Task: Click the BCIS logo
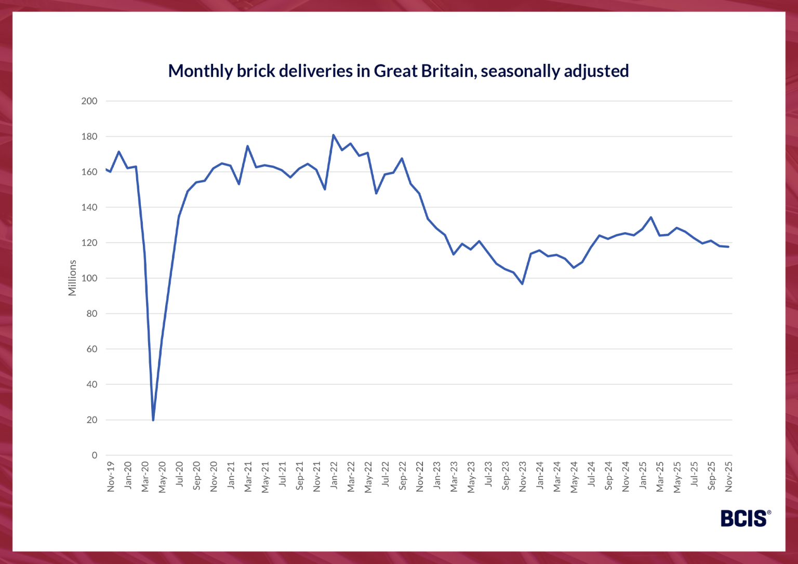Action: [x=745, y=518]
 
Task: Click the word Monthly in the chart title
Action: [x=201, y=71]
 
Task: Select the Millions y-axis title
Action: [x=72, y=278]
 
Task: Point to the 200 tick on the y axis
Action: [x=89, y=101]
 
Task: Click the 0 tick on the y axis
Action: [x=94, y=455]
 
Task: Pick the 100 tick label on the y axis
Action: [x=89, y=278]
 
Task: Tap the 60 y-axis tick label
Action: [x=91, y=349]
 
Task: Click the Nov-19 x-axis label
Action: [x=111, y=477]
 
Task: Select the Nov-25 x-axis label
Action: [x=729, y=477]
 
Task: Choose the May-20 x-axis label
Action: [x=162, y=477]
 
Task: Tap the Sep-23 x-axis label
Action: [x=506, y=476]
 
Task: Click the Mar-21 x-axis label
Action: [x=248, y=477]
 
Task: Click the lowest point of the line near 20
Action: [x=153, y=420]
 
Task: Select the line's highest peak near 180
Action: [x=334, y=135]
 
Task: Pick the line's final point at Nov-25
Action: [x=728, y=247]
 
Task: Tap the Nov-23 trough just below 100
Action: [x=522, y=284]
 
